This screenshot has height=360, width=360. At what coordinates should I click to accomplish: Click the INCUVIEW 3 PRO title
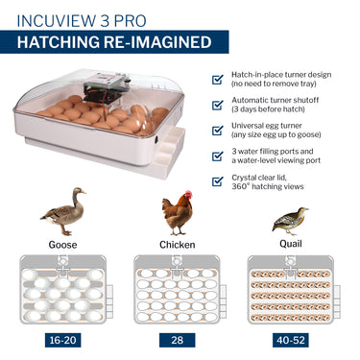click(x=82, y=21)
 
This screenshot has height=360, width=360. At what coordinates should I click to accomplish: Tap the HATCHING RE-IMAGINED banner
click(x=114, y=42)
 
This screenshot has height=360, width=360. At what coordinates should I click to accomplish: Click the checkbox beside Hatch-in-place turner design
click(x=218, y=79)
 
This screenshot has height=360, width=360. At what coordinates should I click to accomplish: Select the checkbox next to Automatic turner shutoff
click(x=218, y=105)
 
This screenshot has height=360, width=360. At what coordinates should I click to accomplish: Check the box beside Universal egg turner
click(x=218, y=131)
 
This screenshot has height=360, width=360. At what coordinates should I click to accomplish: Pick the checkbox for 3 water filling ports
click(x=218, y=156)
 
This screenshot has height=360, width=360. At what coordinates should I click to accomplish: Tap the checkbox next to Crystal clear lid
click(x=218, y=181)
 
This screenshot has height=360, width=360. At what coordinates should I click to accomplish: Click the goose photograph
click(x=63, y=211)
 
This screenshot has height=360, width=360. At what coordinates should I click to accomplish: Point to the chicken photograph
click(x=178, y=213)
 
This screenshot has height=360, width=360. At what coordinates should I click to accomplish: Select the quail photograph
click(x=290, y=221)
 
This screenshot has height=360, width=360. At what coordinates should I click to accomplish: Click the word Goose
click(x=62, y=245)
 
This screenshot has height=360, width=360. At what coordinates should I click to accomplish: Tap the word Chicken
click(x=178, y=245)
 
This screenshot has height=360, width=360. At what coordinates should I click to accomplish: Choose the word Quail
click(x=291, y=244)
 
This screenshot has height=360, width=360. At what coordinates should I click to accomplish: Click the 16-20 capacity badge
click(x=63, y=340)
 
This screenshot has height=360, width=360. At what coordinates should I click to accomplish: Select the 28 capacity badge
click(x=178, y=340)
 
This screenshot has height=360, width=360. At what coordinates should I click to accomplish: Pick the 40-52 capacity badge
click(x=291, y=340)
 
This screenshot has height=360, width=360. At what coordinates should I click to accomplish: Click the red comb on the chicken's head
click(x=188, y=193)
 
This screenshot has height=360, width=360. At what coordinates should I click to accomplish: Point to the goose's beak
click(x=84, y=192)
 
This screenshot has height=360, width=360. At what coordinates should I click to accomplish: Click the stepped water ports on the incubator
click(x=170, y=151)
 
